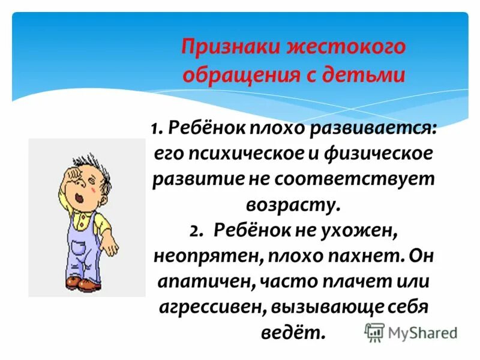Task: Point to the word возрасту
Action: pyautogui.click(x=293, y=205)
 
